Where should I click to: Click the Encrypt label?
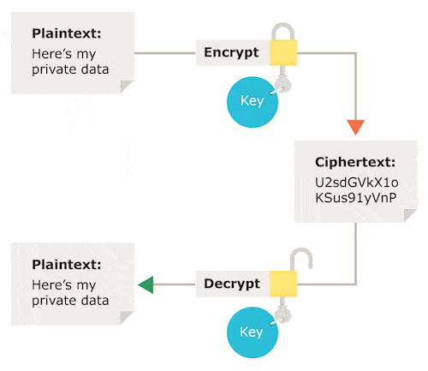(232, 52)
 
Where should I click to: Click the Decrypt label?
(232, 284)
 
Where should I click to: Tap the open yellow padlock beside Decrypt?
(283, 284)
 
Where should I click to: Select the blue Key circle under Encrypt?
(251, 101)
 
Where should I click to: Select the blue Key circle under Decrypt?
(251, 332)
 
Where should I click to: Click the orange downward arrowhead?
(356, 129)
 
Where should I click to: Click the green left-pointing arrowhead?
(146, 284)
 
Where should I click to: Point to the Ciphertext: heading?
(354, 161)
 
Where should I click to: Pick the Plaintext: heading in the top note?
(66, 34)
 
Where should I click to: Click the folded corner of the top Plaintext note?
(126, 86)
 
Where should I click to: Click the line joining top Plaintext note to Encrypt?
(166, 53)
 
